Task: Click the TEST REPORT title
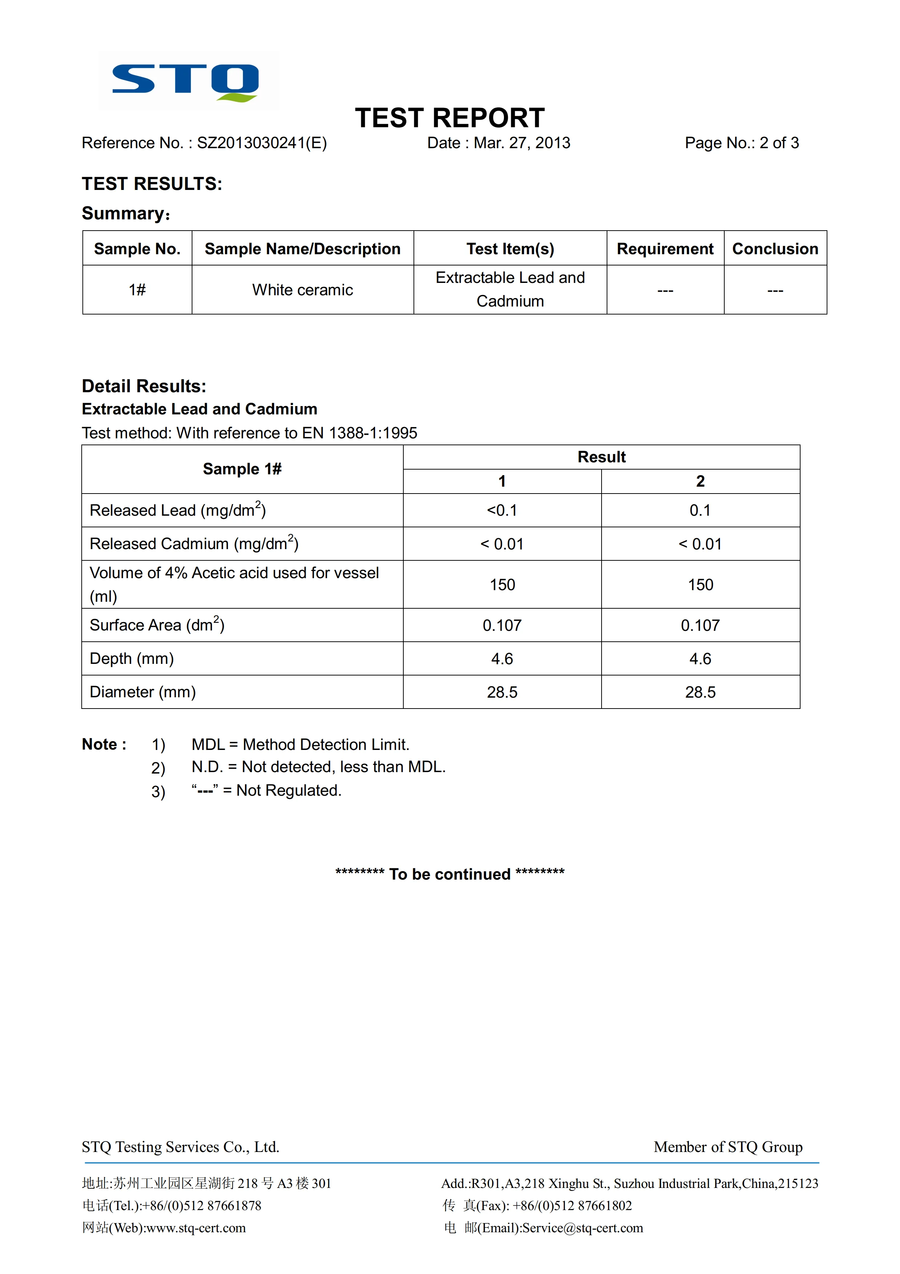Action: click(450, 118)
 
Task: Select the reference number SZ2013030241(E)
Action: click(262, 143)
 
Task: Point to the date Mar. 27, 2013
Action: click(521, 143)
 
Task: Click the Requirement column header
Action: click(665, 248)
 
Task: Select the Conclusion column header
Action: click(775, 248)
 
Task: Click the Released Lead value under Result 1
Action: click(502, 511)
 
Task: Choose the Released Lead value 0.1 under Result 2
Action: click(700, 511)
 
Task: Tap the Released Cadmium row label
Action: click(194, 544)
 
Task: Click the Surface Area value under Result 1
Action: click(502, 625)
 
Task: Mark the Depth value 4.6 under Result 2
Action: click(700, 659)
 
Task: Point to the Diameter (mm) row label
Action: click(143, 692)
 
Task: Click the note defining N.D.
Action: click(318, 767)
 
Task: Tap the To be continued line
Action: click(450, 874)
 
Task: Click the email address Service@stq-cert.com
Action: click(582, 1228)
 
